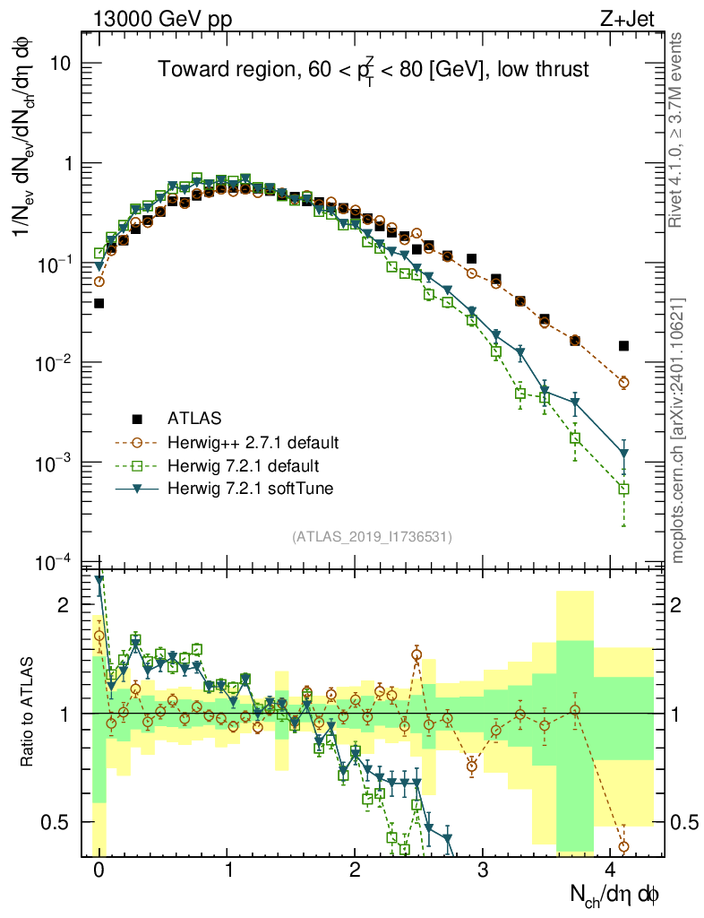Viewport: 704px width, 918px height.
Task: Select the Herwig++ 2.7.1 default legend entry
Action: tap(253, 442)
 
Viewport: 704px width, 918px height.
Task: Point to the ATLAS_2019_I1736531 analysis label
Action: tap(372, 537)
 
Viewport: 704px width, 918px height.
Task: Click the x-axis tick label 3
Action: tap(483, 870)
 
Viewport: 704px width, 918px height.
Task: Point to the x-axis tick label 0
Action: tap(99, 870)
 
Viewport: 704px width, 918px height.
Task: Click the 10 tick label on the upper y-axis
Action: tap(62, 65)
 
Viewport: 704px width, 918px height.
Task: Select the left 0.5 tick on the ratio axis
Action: tap(58, 822)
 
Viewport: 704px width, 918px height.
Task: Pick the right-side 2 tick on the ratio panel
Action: tap(678, 605)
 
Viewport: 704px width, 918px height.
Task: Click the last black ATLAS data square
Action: tap(623, 346)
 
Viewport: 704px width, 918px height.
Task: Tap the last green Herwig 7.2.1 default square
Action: tap(623, 489)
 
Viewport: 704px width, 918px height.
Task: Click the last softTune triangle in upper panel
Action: tap(623, 454)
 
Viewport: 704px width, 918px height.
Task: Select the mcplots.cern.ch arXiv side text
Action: tap(678, 430)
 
